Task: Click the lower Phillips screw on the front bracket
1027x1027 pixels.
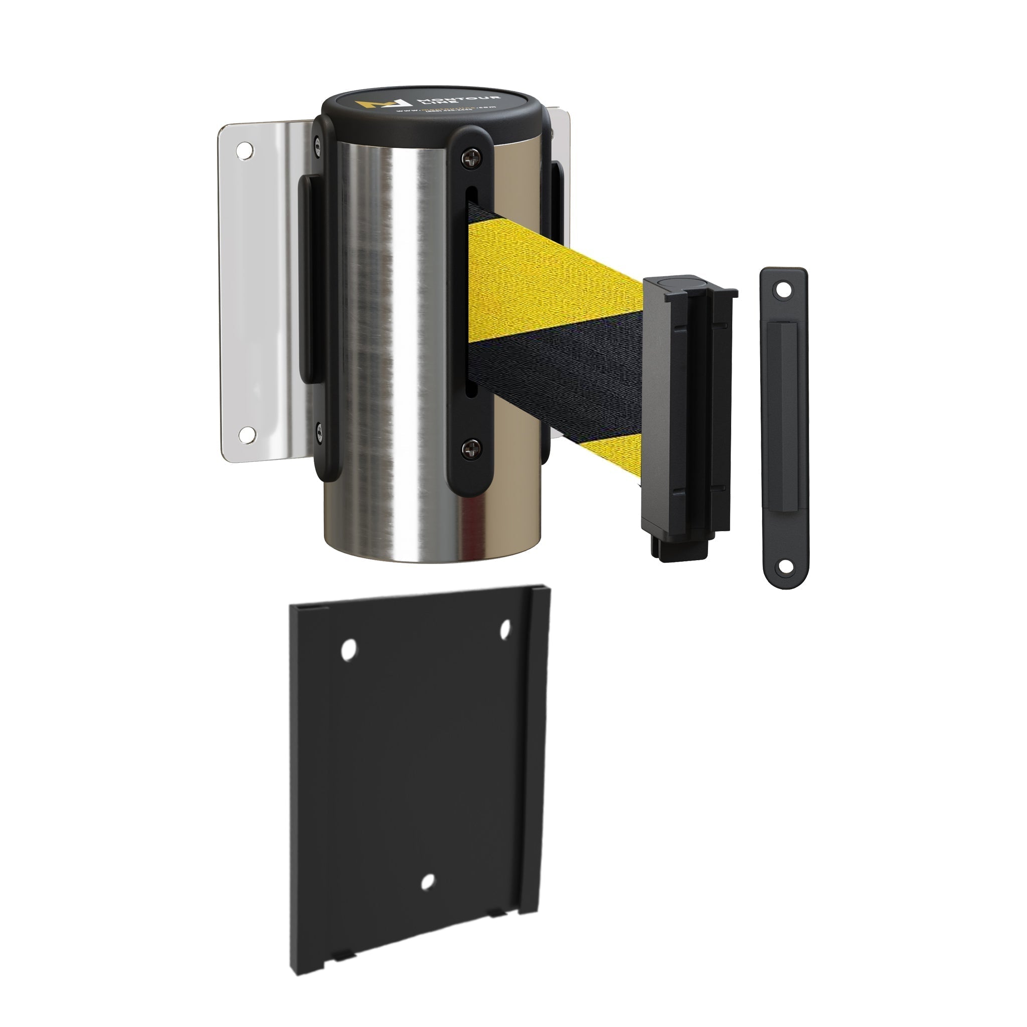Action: [x=469, y=450]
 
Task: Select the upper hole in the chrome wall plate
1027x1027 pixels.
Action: [x=245, y=150]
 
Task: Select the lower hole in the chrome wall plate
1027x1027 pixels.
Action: [x=247, y=435]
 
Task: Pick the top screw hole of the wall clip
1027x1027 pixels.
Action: [x=782, y=290]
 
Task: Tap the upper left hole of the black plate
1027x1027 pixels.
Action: [x=349, y=649]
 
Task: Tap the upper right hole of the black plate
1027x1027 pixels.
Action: [x=505, y=629]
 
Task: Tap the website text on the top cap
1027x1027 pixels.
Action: [x=446, y=110]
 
